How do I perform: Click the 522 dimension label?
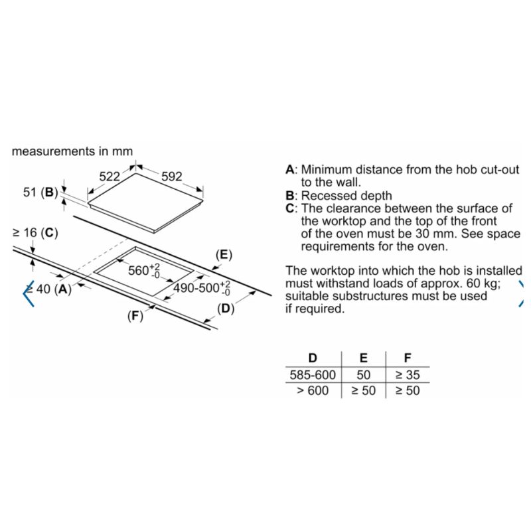[110, 177]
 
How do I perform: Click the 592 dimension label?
[172, 177]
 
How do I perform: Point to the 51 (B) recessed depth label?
[40, 192]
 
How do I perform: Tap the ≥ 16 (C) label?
[35, 233]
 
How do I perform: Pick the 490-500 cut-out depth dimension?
[202, 288]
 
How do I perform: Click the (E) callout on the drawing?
[224, 255]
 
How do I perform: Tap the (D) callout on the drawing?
[226, 309]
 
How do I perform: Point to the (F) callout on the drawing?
[135, 316]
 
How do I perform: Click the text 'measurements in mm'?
[72, 151]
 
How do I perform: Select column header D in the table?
[313, 358]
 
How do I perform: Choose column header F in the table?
[408, 358]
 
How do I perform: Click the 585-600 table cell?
[313, 375]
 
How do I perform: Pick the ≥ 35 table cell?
[408, 375]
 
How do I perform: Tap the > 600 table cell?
[313, 390]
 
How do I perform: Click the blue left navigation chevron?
[29, 293]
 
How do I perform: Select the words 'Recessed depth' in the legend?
[346, 196]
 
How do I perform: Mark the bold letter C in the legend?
[290, 208]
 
